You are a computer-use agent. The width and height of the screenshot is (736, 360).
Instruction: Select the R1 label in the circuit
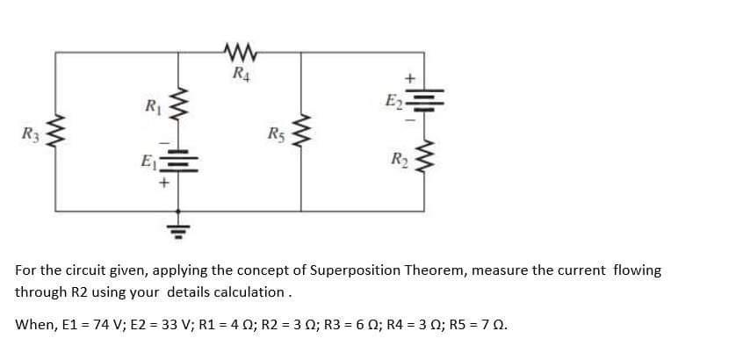(x=151, y=108)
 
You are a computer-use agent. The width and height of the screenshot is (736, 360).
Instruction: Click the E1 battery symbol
(x=181, y=163)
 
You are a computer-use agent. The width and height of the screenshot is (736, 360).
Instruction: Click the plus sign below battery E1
(x=162, y=185)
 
